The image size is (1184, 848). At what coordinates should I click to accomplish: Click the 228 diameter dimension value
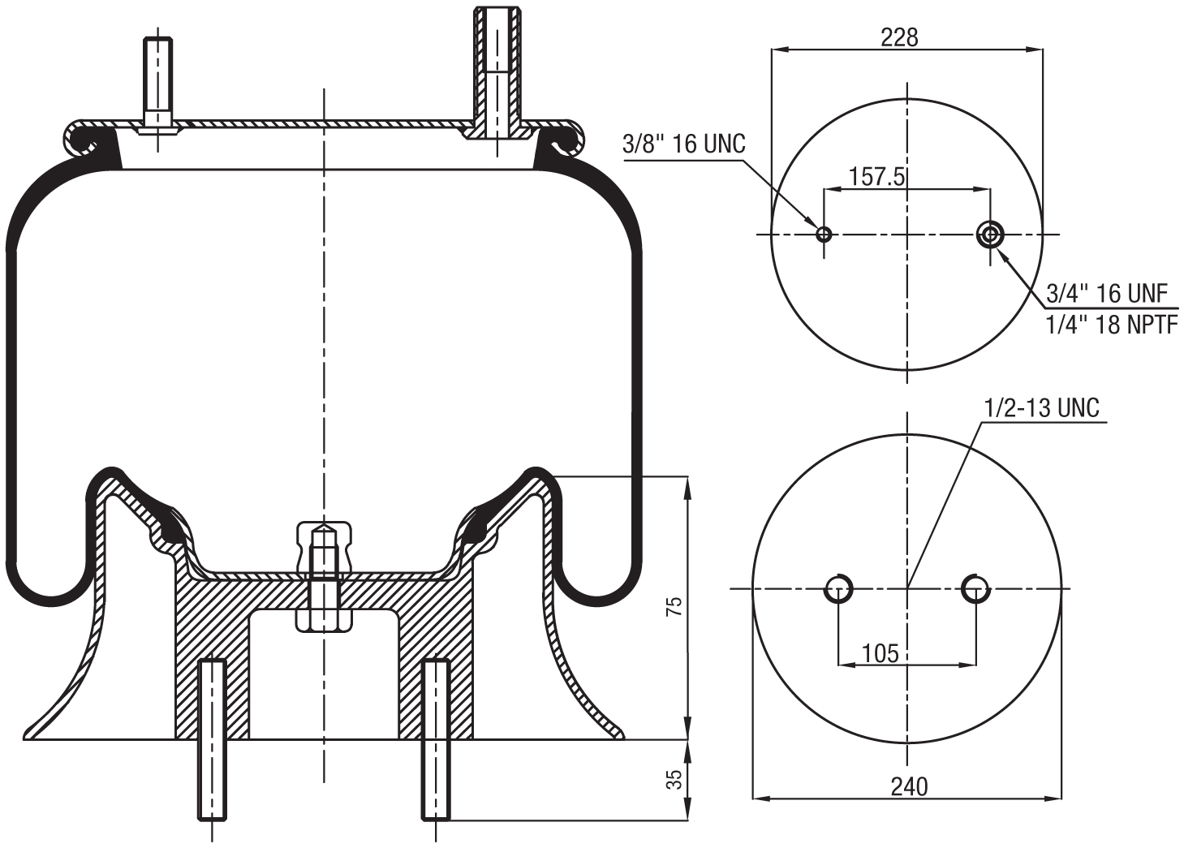point(899,37)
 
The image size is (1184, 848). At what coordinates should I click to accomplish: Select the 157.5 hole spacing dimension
point(876,177)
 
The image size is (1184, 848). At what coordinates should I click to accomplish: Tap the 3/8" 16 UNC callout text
point(683,144)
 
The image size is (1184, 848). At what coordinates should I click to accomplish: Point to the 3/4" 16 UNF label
point(1107,293)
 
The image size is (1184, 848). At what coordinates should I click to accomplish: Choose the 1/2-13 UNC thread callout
point(1042,407)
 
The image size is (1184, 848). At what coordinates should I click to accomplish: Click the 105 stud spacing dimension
point(880,652)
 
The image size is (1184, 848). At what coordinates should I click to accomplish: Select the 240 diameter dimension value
point(909,786)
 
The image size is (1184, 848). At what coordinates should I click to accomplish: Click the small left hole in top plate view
point(824,235)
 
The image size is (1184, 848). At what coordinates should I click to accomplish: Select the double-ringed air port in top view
point(990,235)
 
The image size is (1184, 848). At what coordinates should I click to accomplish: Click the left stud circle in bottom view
point(838,588)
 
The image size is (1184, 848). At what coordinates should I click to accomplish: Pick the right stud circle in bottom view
point(975,588)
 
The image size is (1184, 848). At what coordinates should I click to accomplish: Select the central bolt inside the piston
point(324,576)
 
